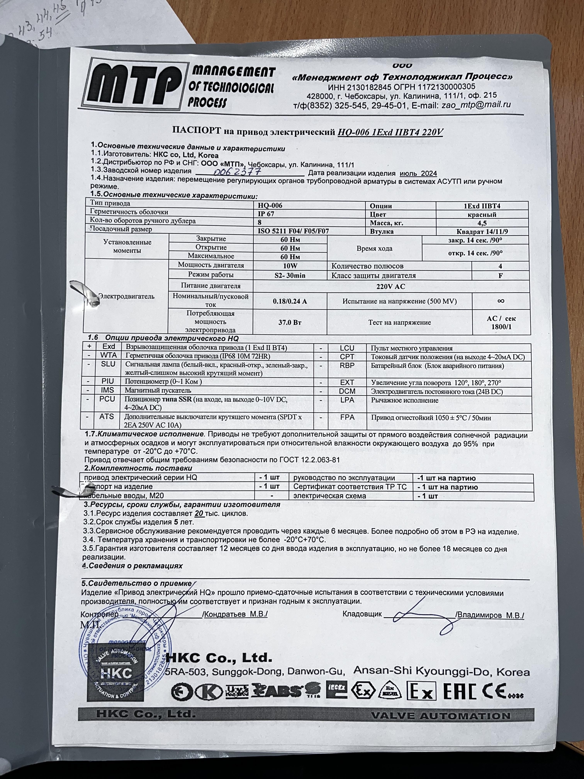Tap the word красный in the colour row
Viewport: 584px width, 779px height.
(x=482, y=214)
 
